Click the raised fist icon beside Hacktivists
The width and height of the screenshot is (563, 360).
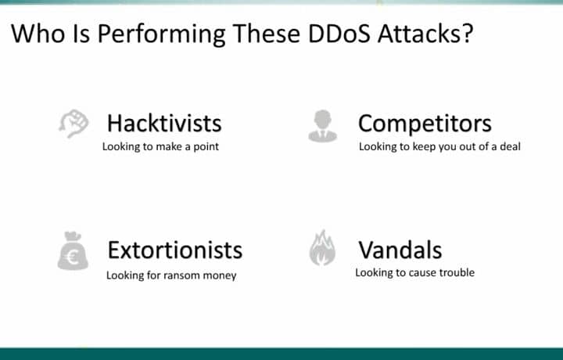pos(74,124)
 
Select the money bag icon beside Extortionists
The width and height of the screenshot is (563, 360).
pos(73,251)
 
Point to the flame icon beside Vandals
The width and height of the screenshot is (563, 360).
pos(322,249)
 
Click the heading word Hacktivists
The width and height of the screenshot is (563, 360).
pos(164,123)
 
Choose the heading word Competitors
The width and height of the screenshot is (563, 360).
pos(425,124)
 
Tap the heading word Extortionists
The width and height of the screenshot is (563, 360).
pos(174,250)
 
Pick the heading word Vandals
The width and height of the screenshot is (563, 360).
pos(400,250)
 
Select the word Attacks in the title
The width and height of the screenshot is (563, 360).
pos(422,34)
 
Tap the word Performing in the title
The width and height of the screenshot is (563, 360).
pos(156,35)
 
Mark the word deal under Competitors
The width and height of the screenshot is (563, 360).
pos(508,146)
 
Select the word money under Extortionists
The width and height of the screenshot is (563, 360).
pos(221,275)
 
